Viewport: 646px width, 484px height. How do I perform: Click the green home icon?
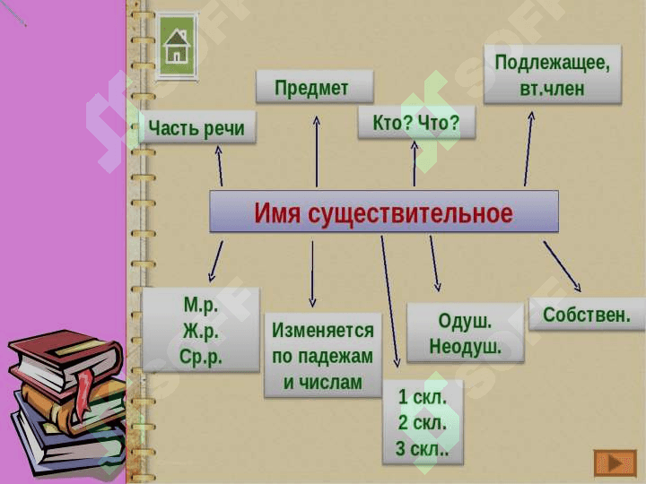(x=177, y=46)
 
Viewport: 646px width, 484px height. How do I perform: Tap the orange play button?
(x=615, y=463)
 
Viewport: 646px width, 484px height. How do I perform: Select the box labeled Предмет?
(x=315, y=86)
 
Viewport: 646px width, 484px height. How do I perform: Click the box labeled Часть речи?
(x=196, y=127)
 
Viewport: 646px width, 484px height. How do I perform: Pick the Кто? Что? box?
(x=416, y=122)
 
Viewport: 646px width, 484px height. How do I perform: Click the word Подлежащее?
(x=552, y=63)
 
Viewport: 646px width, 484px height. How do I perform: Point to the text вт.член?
(x=552, y=88)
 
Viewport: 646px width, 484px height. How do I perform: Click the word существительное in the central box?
(x=410, y=213)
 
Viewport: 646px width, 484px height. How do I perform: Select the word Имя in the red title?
(x=277, y=212)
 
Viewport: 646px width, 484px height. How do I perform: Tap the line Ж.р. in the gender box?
(x=201, y=332)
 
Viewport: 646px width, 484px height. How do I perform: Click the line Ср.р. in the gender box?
(x=201, y=358)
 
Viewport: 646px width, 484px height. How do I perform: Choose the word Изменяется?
(x=323, y=331)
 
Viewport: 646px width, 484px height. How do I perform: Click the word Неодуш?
(x=466, y=347)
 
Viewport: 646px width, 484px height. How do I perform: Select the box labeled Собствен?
(x=587, y=315)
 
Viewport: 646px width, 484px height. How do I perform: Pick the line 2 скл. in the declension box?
(x=423, y=423)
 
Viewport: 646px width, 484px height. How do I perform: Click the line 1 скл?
(x=423, y=397)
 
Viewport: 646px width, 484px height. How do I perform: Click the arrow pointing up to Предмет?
(x=317, y=151)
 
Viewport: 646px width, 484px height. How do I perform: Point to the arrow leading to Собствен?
(x=562, y=267)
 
